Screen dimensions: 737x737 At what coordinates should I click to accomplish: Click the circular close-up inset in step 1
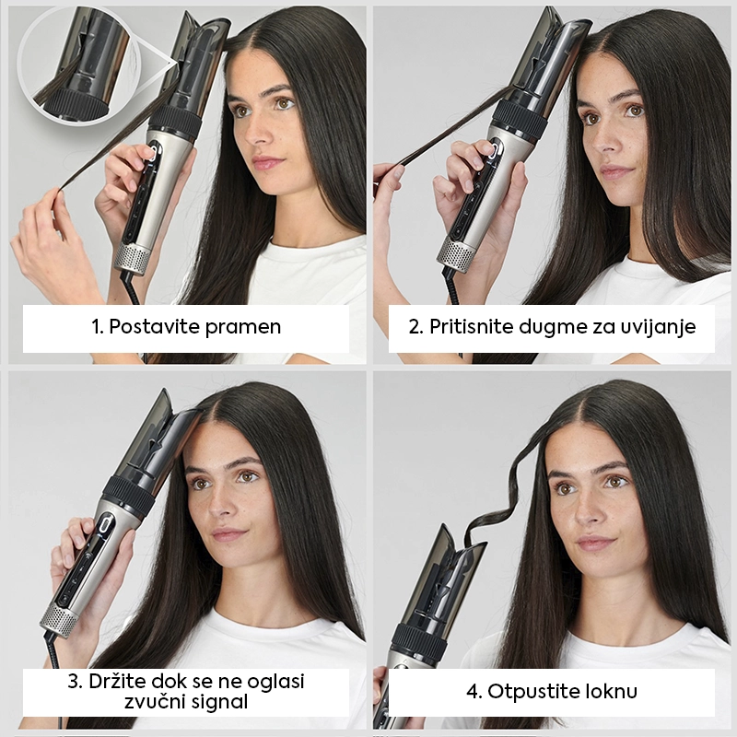point(79,64)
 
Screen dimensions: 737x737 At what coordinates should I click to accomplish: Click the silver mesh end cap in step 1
point(132,258)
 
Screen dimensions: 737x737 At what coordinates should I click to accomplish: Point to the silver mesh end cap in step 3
point(59,616)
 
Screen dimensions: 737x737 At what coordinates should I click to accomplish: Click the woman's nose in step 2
point(603,140)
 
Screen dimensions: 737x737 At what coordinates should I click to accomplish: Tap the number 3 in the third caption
point(73,682)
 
